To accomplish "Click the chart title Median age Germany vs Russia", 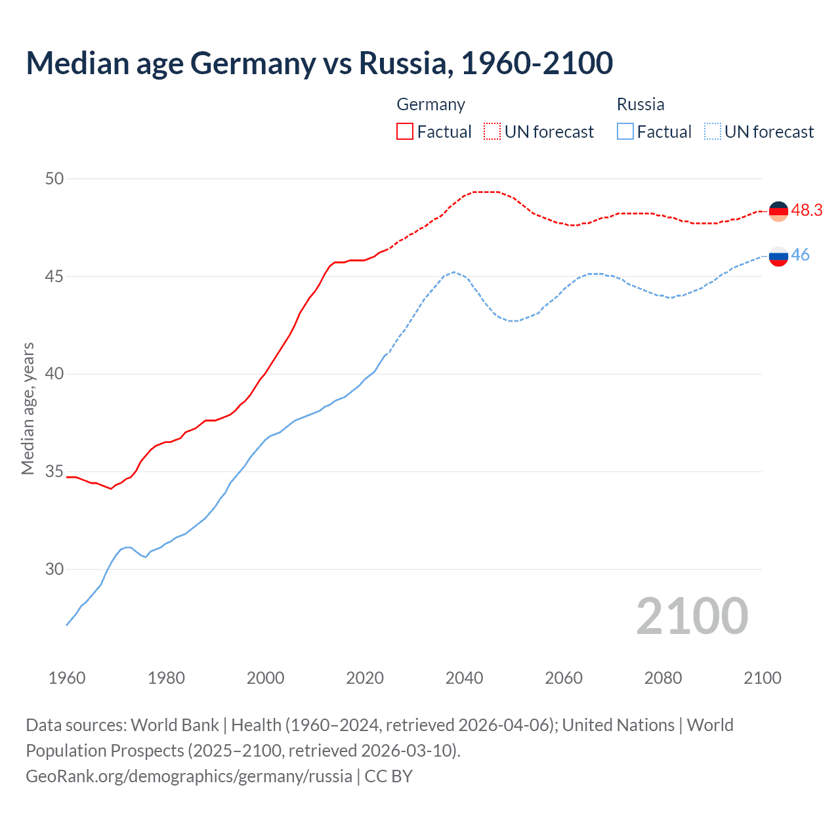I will tap(319, 63).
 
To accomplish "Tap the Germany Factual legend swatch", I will tap(405, 131).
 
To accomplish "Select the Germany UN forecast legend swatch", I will tap(492, 131).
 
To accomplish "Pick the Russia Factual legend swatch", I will tap(625, 131).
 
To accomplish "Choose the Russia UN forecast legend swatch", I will tap(712, 131).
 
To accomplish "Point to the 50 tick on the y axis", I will tap(54, 178).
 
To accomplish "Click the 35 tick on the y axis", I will tap(54, 472).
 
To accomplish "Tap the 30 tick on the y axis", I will tap(54, 569).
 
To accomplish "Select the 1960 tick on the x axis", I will tap(67, 678).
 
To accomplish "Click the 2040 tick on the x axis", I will tap(464, 678).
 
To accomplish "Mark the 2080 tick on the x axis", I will tap(663, 678).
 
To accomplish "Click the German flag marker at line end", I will tap(778, 211).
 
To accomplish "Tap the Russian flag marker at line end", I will tap(778, 256).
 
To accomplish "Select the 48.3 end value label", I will tap(807, 210).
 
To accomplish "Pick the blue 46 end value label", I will tap(800, 255).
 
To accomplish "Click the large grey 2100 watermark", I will tap(692, 616).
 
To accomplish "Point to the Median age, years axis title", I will tap(28, 408).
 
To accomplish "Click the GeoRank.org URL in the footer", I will tap(189, 776).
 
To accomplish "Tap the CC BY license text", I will tap(388, 776).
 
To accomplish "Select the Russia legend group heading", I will tap(640, 104).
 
